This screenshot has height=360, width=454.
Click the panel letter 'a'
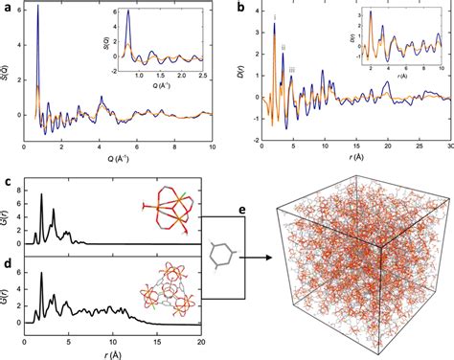point(8,8)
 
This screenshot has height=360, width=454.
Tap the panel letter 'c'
point(8,181)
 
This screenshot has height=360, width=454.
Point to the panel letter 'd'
point(8,256)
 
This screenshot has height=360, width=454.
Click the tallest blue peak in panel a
point(38,10)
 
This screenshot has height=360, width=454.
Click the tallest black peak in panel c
point(41,195)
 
